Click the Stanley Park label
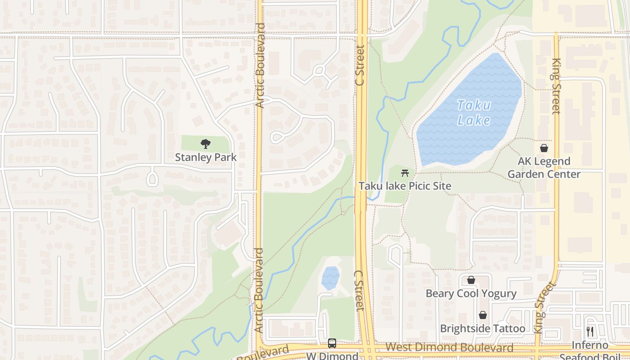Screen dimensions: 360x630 [x=206, y=157]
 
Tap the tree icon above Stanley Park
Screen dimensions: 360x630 [x=206, y=144]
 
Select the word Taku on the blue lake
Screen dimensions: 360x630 [x=473, y=106]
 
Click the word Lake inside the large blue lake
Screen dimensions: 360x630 [x=473, y=120]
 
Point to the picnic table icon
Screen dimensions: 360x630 [x=405, y=173]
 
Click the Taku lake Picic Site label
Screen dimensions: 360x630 [x=405, y=186]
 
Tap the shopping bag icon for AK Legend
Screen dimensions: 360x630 [x=544, y=148]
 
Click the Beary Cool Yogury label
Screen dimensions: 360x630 [x=471, y=294]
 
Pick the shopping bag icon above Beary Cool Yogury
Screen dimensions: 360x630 [x=471, y=280]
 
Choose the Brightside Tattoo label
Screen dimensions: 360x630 [x=482, y=328]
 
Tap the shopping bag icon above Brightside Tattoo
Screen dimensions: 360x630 [x=482, y=315]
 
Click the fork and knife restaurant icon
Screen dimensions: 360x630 [x=590, y=332]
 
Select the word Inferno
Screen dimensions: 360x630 [x=590, y=346]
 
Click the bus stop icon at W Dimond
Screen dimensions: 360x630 [x=332, y=343]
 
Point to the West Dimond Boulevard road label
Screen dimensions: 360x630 [x=449, y=347]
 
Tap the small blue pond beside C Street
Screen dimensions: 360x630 [x=330, y=278]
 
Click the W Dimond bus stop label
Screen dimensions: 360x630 [x=332, y=356]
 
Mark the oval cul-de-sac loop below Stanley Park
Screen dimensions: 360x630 [x=153, y=179]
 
